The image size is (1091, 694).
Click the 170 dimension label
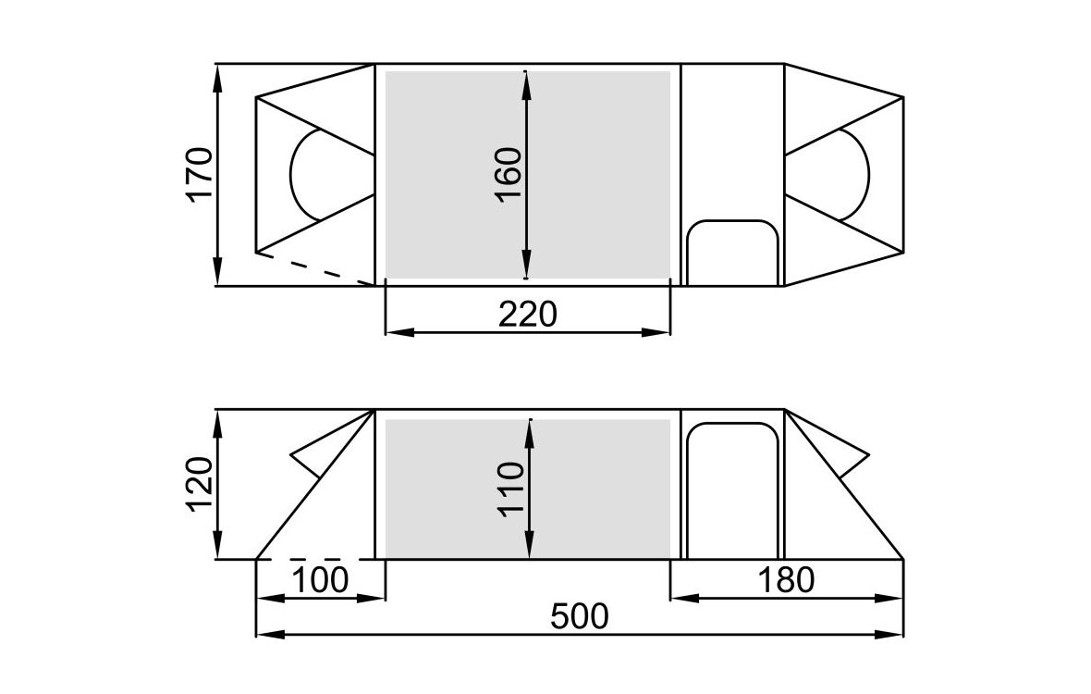200,174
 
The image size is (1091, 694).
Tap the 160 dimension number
509,174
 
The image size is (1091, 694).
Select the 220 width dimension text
528,314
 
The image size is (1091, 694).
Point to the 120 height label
200,484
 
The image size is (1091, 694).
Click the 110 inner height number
510,490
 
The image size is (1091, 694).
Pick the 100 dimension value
319,580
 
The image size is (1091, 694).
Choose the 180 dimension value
786,580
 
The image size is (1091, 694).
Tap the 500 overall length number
580,616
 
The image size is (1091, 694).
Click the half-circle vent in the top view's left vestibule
290,174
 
